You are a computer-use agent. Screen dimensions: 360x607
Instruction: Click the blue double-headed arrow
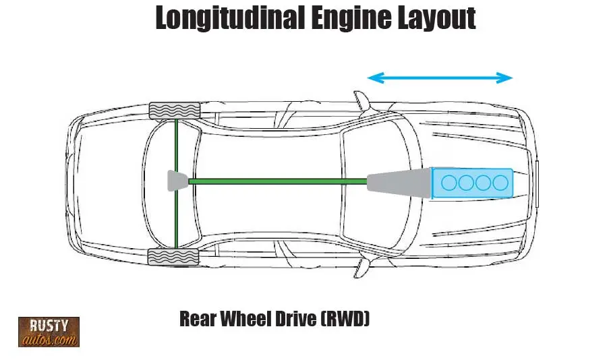coord(440,78)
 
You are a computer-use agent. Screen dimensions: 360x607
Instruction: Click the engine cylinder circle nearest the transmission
coord(449,182)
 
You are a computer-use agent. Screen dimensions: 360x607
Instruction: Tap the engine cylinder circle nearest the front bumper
coord(500,182)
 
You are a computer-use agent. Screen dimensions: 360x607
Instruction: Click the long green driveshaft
coord(277,181)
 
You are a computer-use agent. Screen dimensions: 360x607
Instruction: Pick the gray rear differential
coord(177,181)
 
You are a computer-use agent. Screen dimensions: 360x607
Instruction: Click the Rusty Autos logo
coord(49,332)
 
